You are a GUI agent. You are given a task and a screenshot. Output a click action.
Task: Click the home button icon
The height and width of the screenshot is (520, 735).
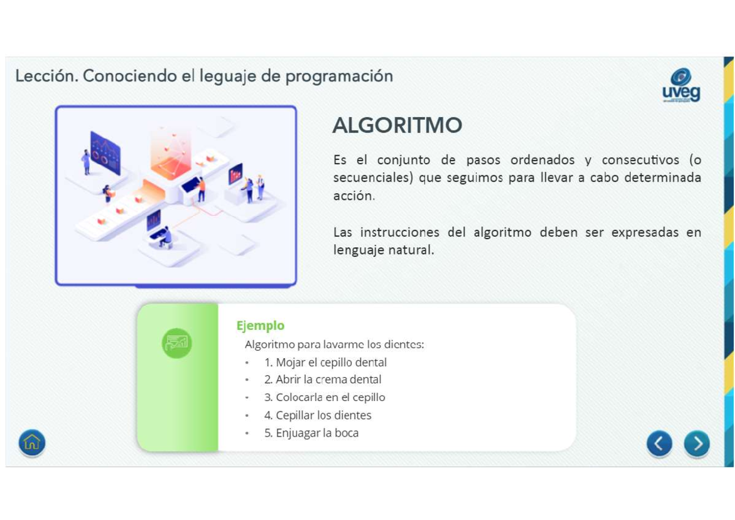click(x=32, y=442)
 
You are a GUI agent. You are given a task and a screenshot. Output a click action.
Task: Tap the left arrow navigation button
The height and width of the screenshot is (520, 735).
click(x=659, y=443)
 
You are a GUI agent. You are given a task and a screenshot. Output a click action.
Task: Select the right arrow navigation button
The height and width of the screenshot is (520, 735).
click(x=697, y=443)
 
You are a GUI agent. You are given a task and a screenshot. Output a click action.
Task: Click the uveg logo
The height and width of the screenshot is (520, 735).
click(x=681, y=85)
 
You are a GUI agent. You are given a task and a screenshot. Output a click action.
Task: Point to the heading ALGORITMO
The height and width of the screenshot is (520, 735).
click(x=397, y=126)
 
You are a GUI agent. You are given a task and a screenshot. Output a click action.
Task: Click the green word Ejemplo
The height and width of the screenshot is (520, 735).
click(x=260, y=326)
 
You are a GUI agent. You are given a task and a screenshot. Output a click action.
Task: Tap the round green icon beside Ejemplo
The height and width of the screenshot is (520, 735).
click(x=177, y=342)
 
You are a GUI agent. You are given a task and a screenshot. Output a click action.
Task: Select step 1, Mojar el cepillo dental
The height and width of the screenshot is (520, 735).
click(x=325, y=362)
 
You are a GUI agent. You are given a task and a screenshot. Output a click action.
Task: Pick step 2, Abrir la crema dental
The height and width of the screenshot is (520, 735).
click(x=323, y=379)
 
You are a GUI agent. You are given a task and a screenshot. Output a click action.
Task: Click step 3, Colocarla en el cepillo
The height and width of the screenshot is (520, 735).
click(x=325, y=397)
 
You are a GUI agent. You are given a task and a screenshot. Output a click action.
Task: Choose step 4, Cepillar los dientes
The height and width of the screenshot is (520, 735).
click(x=317, y=415)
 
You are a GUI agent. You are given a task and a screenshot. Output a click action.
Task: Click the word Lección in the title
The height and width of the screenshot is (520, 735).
click(x=46, y=76)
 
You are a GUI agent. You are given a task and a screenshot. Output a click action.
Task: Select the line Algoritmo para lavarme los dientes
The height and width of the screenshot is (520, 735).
click(x=334, y=344)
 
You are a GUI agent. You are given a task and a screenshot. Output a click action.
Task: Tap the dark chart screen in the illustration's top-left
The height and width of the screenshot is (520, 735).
click(x=105, y=153)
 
